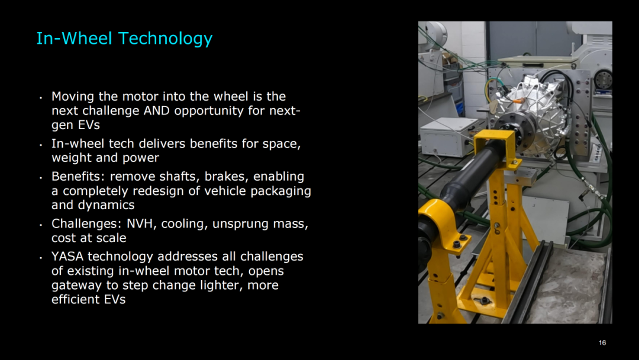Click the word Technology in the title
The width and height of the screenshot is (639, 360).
(x=166, y=39)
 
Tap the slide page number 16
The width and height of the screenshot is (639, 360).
(x=602, y=343)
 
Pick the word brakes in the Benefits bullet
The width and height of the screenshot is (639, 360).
(x=227, y=176)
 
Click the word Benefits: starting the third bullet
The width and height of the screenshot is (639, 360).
(x=79, y=176)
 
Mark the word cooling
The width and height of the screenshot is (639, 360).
(x=185, y=224)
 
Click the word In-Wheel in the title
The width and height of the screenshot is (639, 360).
(x=74, y=38)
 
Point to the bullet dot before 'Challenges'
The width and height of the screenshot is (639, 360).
(x=41, y=224)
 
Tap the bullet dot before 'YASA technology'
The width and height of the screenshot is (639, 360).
(x=41, y=257)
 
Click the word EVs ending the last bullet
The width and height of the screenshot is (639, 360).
(x=115, y=299)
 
